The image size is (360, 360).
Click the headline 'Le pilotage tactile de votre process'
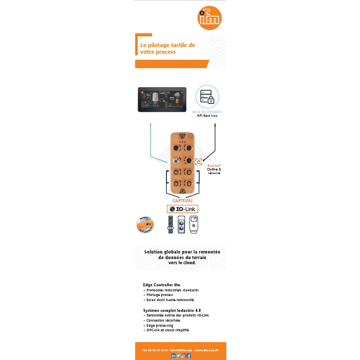point(167,49)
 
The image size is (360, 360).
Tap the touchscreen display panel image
point(161,99)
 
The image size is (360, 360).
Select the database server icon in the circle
point(207,97)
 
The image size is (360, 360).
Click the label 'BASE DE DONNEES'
point(207,112)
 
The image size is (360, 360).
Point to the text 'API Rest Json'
point(207,116)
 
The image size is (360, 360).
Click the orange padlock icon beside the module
point(199,162)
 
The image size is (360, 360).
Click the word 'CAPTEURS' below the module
point(182,201)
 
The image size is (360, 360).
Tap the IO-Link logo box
point(182,209)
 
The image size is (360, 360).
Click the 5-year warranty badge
point(146,223)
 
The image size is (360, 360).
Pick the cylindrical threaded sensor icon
point(171,224)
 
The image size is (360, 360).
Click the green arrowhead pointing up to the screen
point(151,124)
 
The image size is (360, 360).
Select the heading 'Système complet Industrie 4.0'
point(172,310)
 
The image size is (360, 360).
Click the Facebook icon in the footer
point(189,355)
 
